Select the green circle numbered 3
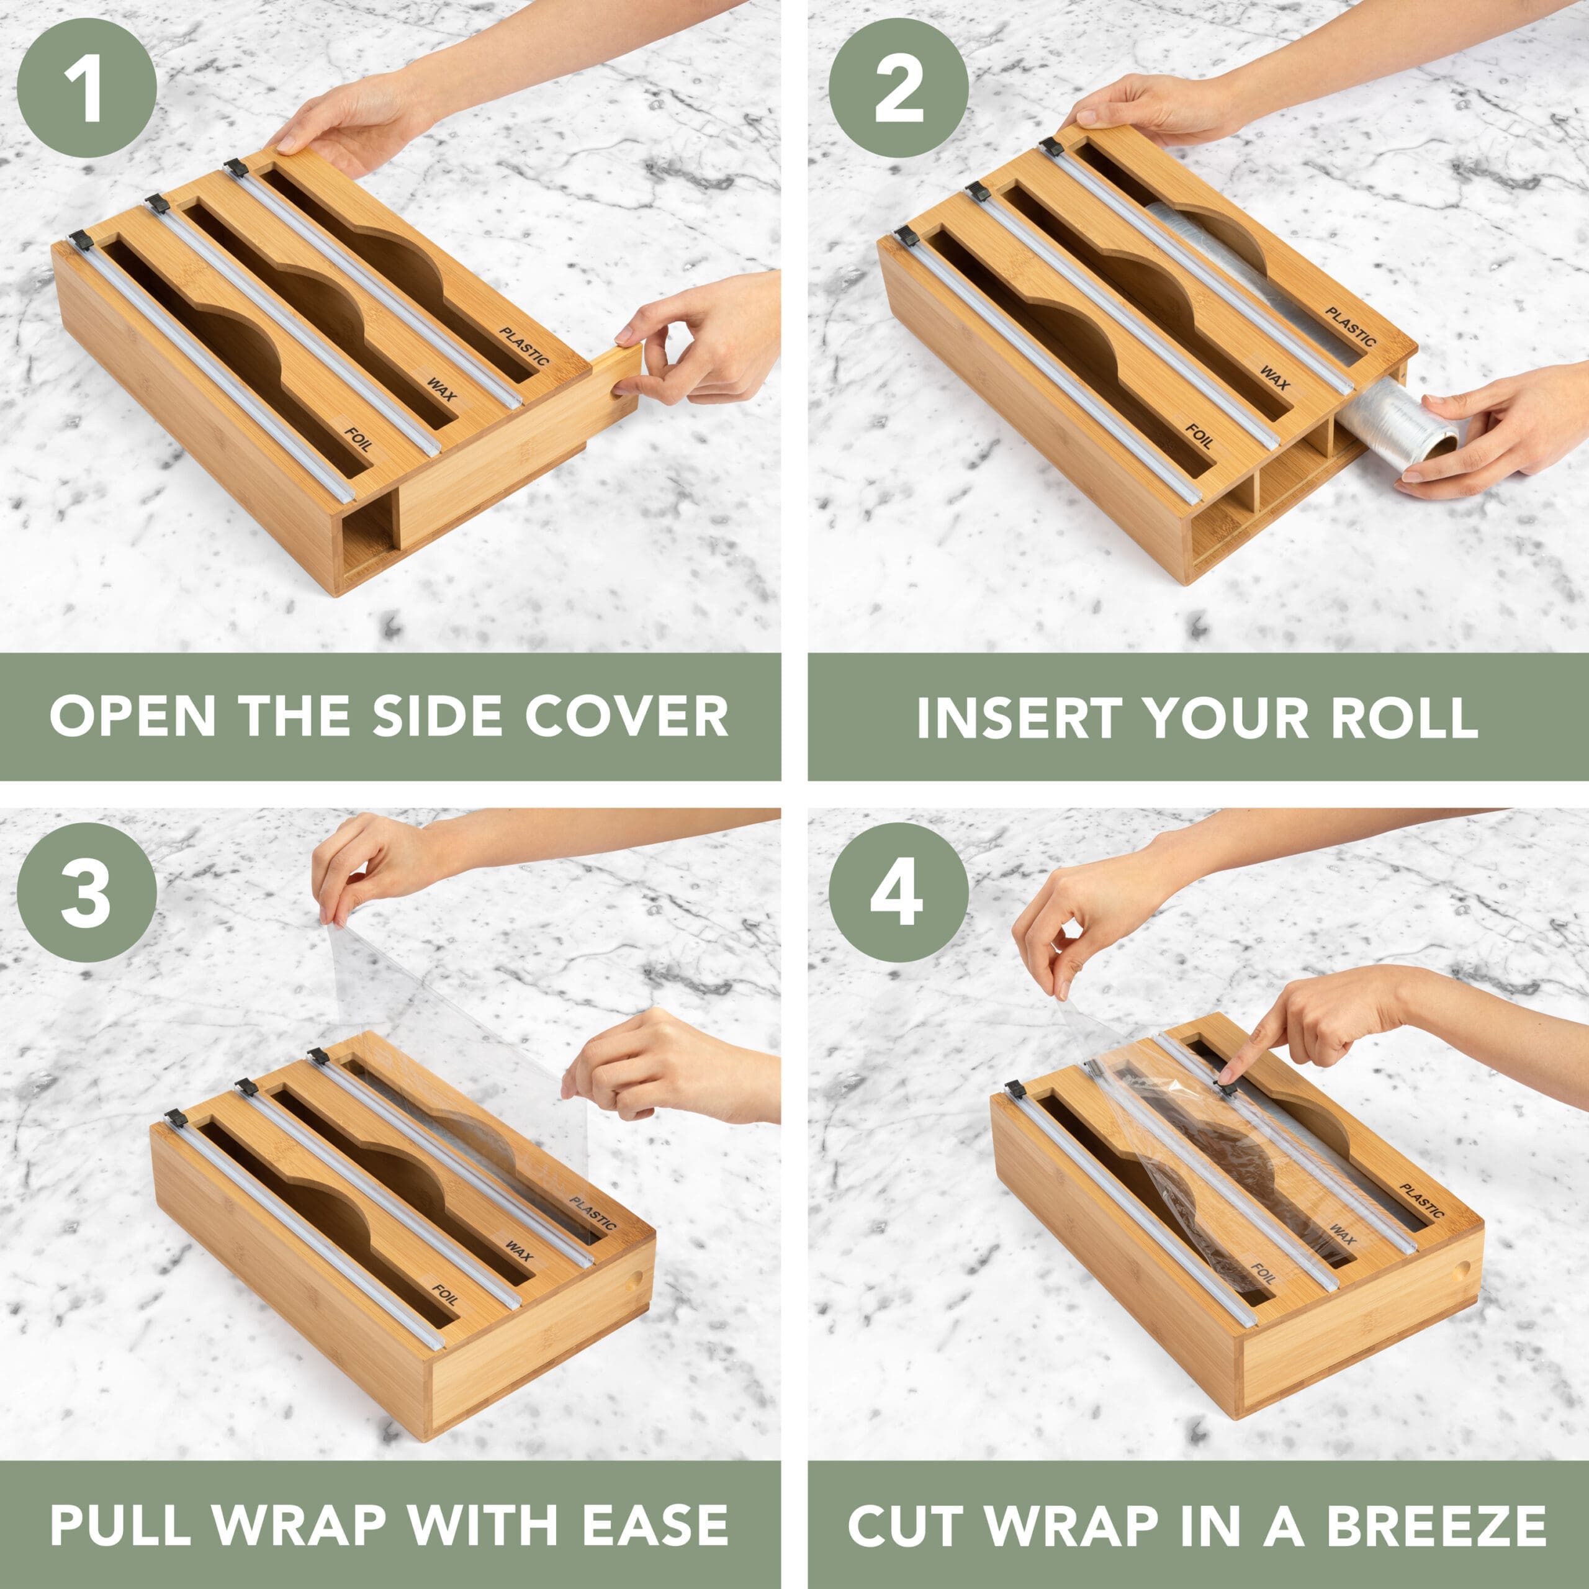coord(86,893)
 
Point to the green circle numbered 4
coord(898,893)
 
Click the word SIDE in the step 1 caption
coord(437,716)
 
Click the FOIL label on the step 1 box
coord(357,438)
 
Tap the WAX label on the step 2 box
coord(1275,377)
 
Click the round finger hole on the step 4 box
coord(1461,1271)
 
